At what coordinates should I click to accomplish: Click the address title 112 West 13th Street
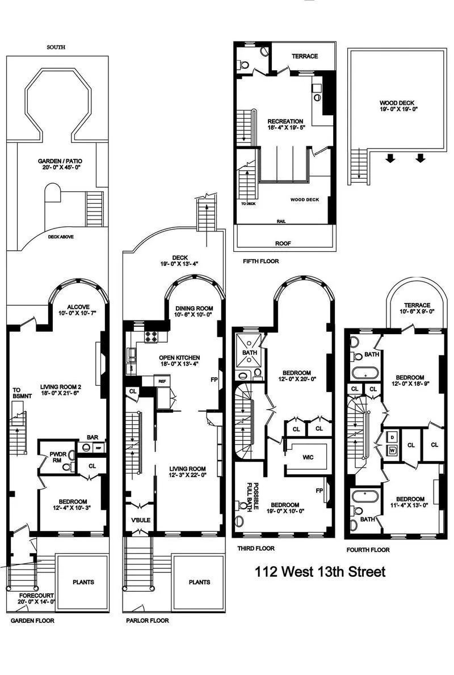(x=320, y=571)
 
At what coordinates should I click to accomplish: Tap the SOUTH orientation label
(x=56, y=48)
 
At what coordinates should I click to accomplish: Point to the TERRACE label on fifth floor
(x=305, y=56)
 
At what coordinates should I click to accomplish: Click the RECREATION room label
(x=285, y=125)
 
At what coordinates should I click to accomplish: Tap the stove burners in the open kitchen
(x=152, y=336)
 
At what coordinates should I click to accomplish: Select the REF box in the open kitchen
(x=162, y=382)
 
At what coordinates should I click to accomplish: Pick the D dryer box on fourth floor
(x=392, y=437)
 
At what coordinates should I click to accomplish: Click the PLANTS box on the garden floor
(x=83, y=582)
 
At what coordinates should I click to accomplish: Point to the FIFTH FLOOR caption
(x=260, y=261)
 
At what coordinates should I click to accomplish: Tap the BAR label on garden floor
(x=91, y=437)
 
